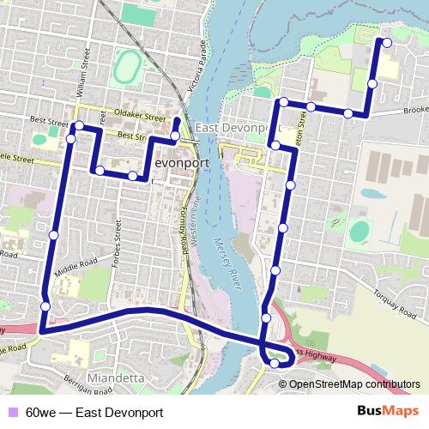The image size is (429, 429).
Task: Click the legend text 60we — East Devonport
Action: point(94,413)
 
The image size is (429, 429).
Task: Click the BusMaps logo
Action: point(388,412)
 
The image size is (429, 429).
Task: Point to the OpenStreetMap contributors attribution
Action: point(355,384)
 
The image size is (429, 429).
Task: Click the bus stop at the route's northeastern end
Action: point(386,42)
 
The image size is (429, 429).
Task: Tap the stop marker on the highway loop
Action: point(275,363)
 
